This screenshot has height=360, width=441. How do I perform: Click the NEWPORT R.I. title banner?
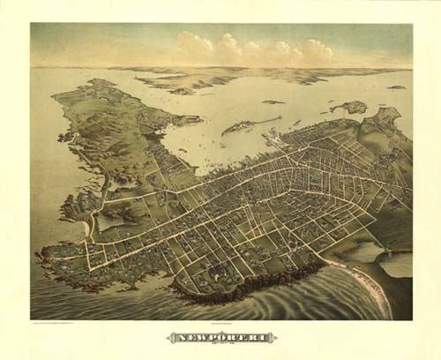(x=220, y=337)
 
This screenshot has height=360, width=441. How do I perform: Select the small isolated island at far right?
(x=397, y=87)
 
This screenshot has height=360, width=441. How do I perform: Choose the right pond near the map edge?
(x=397, y=264)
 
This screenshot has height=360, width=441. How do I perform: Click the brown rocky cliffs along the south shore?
(x=256, y=282)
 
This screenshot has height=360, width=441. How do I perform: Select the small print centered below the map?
(x=220, y=324)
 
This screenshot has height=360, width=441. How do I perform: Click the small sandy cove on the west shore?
(x=86, y=229)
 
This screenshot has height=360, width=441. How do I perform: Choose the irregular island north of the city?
(x=350, y=108)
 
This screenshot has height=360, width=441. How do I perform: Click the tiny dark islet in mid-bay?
(x=273, y=102)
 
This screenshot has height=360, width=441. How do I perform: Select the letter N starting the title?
(x=173, y=337)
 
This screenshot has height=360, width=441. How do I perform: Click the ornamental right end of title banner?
(x=272, y=337)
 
